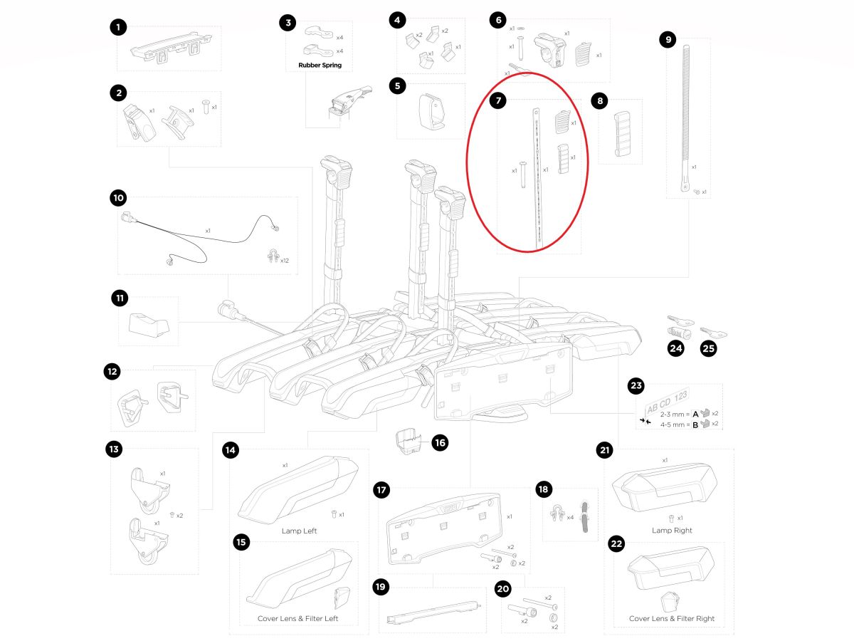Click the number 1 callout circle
click(118, 28)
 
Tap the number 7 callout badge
click(498, 100)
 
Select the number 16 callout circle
click(440, 442)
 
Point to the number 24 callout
click(675, 349)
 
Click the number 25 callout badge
click(709, 349)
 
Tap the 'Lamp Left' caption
click(300, 531)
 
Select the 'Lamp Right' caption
click(672, 531)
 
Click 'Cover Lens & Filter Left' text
click(297, 618)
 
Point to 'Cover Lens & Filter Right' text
click(672, 618)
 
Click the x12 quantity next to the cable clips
click(284, 261)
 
